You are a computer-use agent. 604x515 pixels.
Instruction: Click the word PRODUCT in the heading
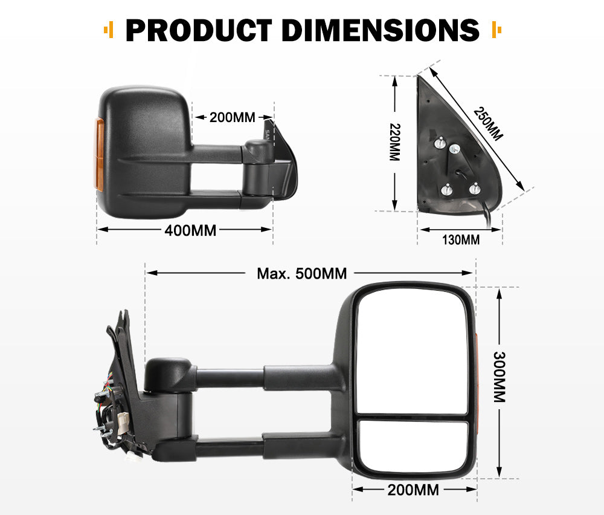[x=198, y=30]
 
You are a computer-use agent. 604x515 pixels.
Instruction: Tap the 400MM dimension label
[x=191, y=230]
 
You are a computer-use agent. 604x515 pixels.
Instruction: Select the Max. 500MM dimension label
[x=302, y=274]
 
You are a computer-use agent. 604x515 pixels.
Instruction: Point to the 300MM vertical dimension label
[x=499, y=377]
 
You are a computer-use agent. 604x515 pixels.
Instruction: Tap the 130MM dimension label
[x=461, y=240]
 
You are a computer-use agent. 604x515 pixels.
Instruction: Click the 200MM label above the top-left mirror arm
[x=232, y=117]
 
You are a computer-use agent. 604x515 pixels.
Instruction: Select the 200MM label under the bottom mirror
[x=414, y=490]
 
